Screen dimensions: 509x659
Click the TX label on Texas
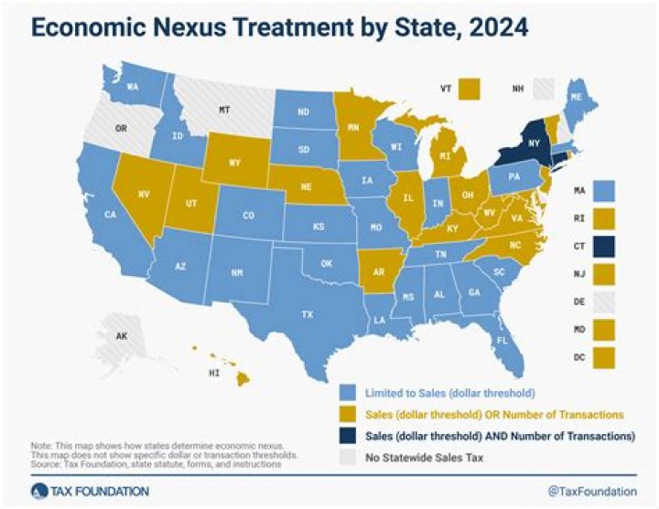(307, 314)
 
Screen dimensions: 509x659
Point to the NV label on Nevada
(143, 195)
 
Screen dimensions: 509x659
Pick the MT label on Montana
(223, 111)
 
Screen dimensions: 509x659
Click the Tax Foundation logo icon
(35, 492)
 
